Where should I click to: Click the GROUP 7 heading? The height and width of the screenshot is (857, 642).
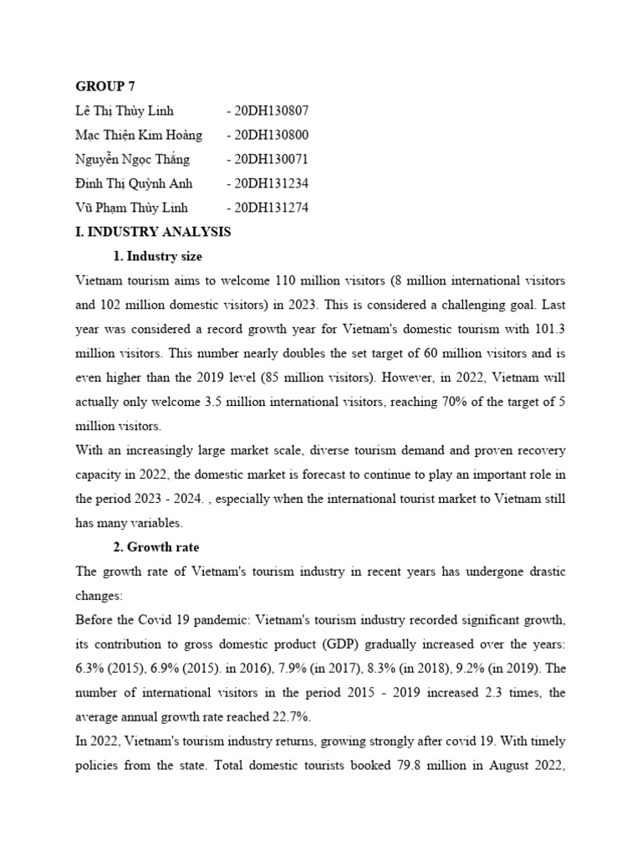(x=105, y=86)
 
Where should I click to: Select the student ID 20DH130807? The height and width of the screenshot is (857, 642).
(x=271, y=110)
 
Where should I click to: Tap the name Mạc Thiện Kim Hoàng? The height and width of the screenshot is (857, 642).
(x=139, y=135)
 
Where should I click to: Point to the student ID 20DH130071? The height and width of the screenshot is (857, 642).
(x=271, y=159)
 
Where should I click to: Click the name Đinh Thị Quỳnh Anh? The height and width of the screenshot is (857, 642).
(x=134, y=183)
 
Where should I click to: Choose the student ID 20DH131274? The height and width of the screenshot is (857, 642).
(x=271, y=208)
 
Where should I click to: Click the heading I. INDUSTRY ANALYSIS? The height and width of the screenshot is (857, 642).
(x=153, y=232)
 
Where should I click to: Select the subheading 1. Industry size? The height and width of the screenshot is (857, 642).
(x=157, y=256)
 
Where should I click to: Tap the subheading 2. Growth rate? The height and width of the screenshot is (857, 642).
(x=157, y=547)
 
